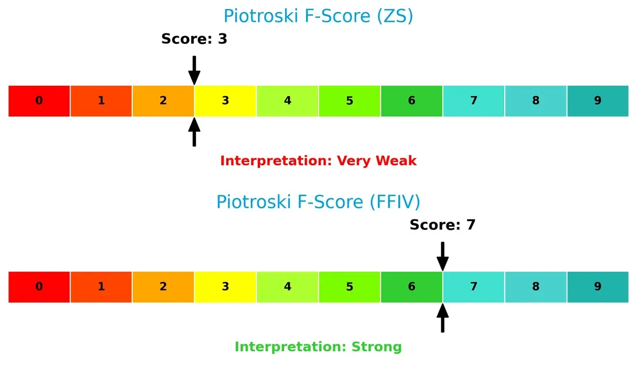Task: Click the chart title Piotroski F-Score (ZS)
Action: click(318, 16)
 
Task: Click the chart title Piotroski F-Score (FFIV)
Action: click(318, 202)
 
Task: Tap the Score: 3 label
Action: click(194, 39)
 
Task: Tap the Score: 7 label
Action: click(442, 225)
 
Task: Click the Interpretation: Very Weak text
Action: click(318, 161)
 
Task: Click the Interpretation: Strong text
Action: click(318, 347)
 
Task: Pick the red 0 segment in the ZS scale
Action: click(39, 101)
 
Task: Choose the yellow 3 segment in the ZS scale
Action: click(225, 101)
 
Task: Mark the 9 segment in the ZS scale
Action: click(598, 101)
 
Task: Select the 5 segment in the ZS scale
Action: click(349, 101)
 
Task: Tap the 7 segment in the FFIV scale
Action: click(474, 287)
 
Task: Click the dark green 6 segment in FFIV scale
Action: click(411, 287)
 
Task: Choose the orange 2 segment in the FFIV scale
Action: click(163, 287)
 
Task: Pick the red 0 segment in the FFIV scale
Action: click(39, 287)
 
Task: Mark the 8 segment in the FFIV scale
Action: click(536, 287)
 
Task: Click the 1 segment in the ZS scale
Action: click(101, 101)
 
